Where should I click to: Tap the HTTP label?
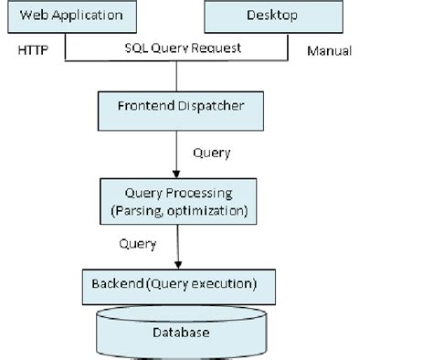33,50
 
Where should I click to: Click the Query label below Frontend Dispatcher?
212,153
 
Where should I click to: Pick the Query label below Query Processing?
138,244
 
